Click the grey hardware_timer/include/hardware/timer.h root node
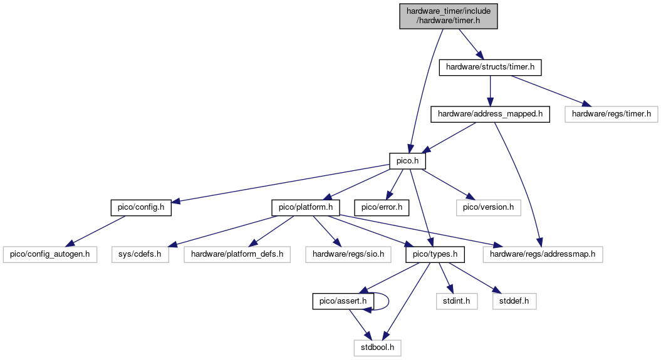(x=449, y=16)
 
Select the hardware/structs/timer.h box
(x=490, y=68)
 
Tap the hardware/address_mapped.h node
(x=490, y=114)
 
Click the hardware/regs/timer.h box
(x=612, y=114)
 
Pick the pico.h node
(x=407, y=161)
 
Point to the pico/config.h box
(x=141, y=208)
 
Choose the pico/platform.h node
(x=306, y=208)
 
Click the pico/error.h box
(x=382, y=208)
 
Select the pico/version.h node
(x=488, y=208)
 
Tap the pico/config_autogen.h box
(x=49, y=255)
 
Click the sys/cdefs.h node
(x=140, y=255)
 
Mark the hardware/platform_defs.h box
(x=237, y=255)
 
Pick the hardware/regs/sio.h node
(x=348, y=255)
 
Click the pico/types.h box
(x=435, y=255)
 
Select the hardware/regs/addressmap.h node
(x=543, y=255)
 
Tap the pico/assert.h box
(x=343, y=302)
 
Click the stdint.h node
(x=457, y=302)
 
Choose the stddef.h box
(x=514, y=302)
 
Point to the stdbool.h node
(x=377, y=348)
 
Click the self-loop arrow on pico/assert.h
(x=388, y=302)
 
